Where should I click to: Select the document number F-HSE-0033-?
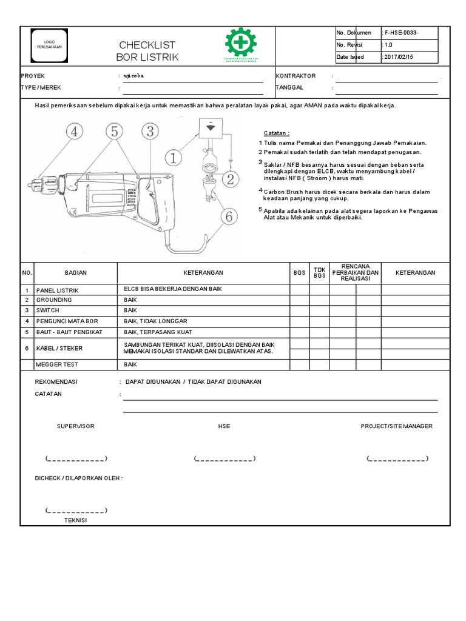coord(400,33)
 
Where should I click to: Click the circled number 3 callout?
coord(150,131)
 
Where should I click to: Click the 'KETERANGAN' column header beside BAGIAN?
coord(203,273)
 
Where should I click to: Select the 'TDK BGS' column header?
coord(319,273)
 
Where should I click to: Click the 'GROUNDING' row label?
coord(54,300)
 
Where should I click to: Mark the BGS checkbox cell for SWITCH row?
coord(299,310)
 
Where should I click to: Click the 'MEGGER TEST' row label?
coord(57,365)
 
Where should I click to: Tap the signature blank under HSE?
coord(224,458)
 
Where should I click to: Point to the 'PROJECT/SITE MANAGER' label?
coord(396,426)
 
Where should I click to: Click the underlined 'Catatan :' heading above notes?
coord(277,133)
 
